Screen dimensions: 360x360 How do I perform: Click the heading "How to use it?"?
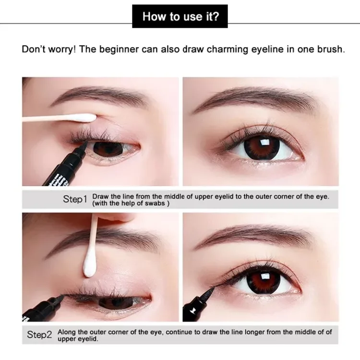coord(180,17)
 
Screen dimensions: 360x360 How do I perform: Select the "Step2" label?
coord(39,335)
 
